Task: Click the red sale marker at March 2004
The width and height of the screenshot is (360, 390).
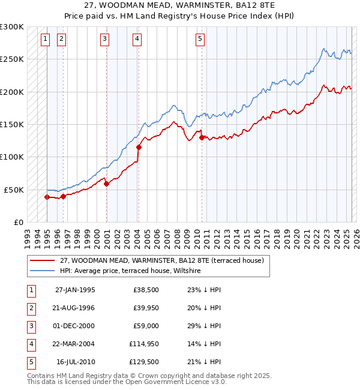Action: point(139,147)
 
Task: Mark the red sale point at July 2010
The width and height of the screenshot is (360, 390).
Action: point(202,137)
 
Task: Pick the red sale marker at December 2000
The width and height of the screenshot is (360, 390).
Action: point(106,184)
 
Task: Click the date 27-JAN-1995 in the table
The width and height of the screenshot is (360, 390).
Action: point(75,290)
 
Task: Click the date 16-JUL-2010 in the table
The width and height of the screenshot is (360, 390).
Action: point(76,362)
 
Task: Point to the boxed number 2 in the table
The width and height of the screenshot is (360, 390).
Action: point(30,308)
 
